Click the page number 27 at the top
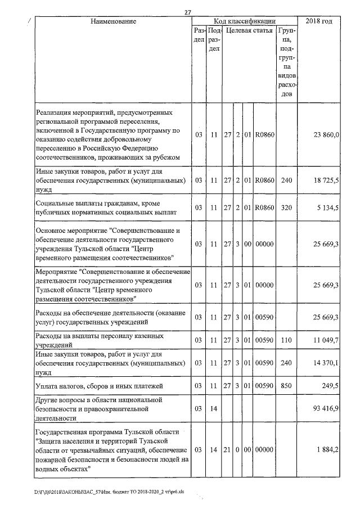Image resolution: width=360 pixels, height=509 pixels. tap(188, 12)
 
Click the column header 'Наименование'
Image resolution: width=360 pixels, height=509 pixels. tap(114, 21)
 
